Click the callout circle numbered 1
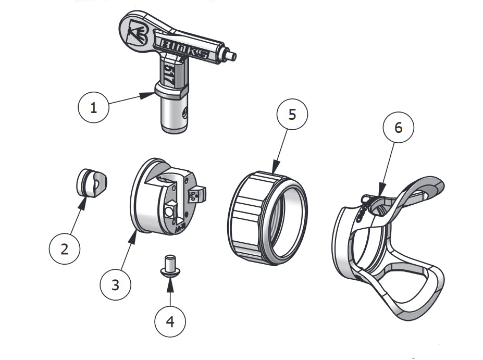93,108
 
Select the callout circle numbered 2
64,249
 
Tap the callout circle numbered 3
115,284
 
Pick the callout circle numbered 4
170,321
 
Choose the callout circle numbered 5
292,114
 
